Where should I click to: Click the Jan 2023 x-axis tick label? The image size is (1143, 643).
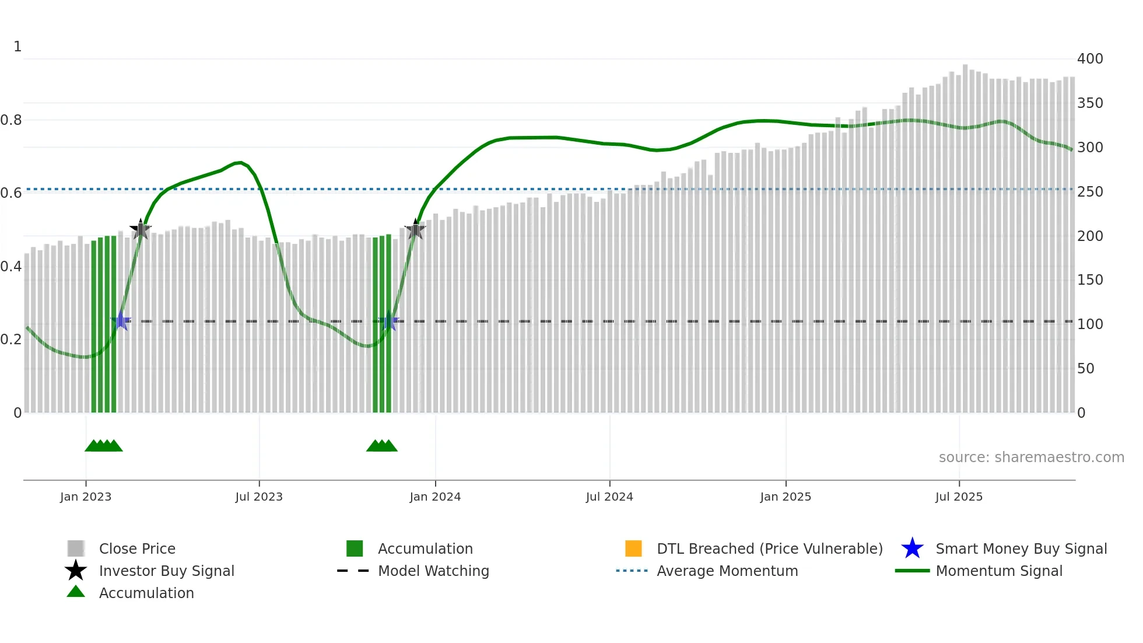pyautogui.click(x=85, y=497)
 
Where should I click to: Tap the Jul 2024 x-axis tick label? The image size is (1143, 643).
pyautogui.click(x=609, y=497)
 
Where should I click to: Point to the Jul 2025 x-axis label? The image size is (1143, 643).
pyautogui.click(x=959, y=497)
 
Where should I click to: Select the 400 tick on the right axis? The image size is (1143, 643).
pyautogui.click(x=1089, y=59)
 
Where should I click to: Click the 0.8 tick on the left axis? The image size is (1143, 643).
pyautogui.click(x=11, y=120)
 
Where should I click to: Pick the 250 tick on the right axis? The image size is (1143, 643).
pyautogui.click(x=1089, y=192)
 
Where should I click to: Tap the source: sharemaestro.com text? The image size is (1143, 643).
pyautogui.click(x=1031, y=457)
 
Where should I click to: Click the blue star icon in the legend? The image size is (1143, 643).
pyautogui.click(x=912, y=548)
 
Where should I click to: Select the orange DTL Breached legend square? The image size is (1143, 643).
pyautogui.click(x=633, y=548)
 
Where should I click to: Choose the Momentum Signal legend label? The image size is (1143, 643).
pyautogui.click(x=999, y=571)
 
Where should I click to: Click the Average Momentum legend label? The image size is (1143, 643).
pyautogui.click(x=727, y=571)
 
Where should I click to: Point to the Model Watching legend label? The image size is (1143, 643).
pyautogui.click(x=433, y=571)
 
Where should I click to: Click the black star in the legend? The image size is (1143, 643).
pyautogui.click(x=76, y=571)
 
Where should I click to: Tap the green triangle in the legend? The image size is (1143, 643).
pyautogui.click(x=76, y=592)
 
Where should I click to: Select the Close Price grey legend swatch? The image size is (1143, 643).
pyautogui.click(x=76, y=548)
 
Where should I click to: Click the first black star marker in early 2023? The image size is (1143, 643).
pyautogui.click(x=141, y=229)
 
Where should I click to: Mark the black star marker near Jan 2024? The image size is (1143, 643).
pyautogui.click(x=415, y=229)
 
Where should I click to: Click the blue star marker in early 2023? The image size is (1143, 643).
pyautogui.click(x=121, y=321)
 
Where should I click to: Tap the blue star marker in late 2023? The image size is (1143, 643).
pyautogui.click(x=389, y=321)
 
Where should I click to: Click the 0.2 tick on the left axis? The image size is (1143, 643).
pyautogui.click(x=11, y=340)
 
